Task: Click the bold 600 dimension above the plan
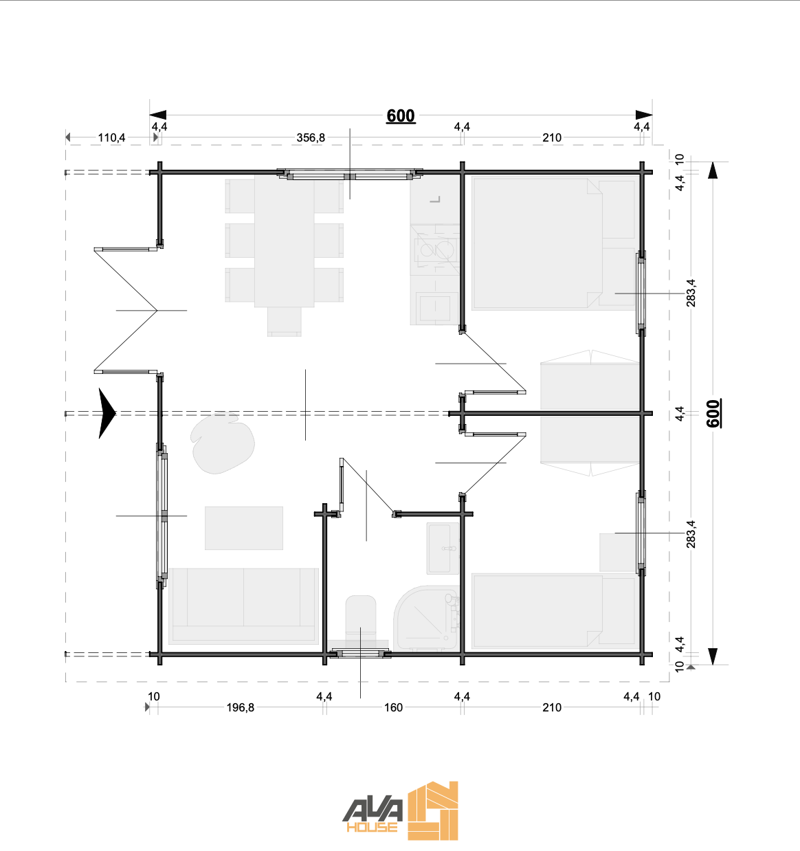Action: (401, 115)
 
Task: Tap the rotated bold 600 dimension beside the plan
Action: (713, 413)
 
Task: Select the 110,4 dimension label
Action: (111, 137)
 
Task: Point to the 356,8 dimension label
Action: (311, 137)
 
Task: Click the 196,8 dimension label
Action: (240, 707)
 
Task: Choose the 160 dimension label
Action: (393, 707)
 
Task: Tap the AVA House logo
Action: (400, 810)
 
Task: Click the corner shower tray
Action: (426, 619)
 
